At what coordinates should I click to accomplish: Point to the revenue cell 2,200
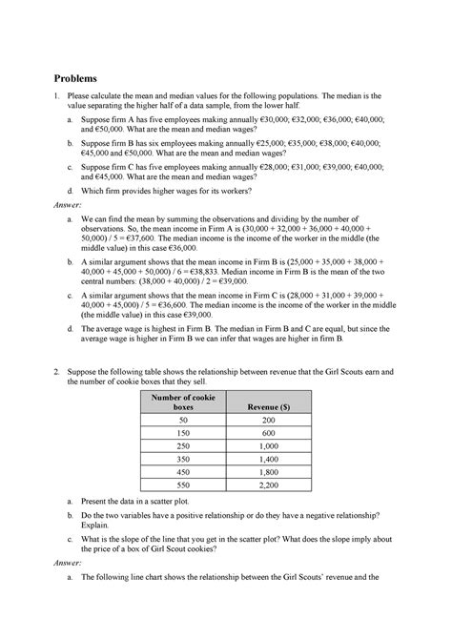click(x=270, y=484)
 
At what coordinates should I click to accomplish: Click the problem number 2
click(x=58, y=369)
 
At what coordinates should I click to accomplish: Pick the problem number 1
click(x=58, y=96)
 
